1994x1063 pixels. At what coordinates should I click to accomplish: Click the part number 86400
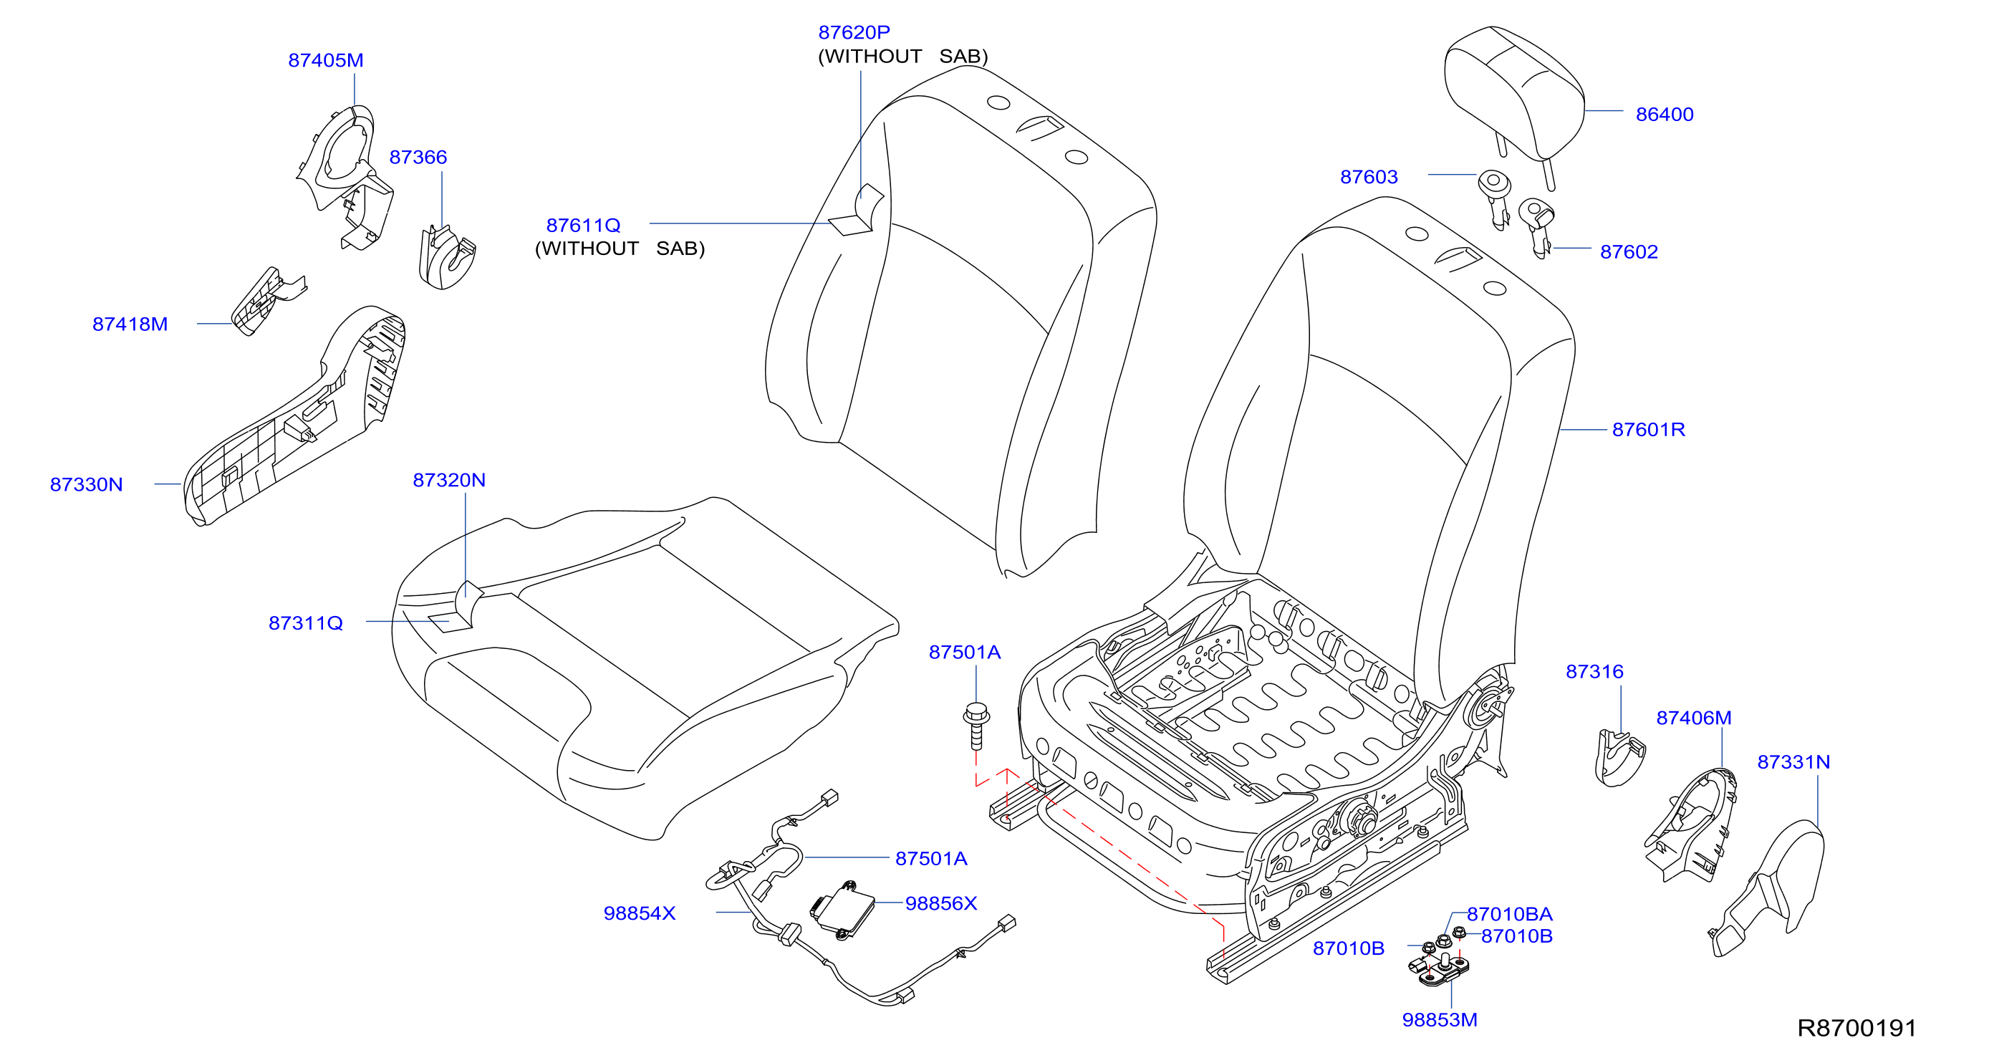click(x=1665, y=115)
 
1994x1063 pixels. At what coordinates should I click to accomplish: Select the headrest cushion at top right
click(x=1513, y=97)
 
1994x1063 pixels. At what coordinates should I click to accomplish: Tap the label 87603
click(x=1369, y=178)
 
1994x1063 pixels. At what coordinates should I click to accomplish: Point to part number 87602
click(x=1629, y=251)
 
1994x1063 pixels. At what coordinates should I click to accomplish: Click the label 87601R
click(x=1648, y=430)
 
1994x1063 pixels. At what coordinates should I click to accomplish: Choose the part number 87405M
click(x=326, y=60)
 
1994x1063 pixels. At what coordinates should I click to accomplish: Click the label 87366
click(x=418, y=157)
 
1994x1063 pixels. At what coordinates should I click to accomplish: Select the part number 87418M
click(x=130, y=324)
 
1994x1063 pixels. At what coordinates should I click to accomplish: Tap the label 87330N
click(x=86, y=485)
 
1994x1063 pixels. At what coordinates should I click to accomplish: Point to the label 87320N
click(x=449, y=480)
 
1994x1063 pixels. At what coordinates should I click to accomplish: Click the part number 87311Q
click(x=306, y=623)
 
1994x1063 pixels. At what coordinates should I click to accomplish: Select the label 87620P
click(x=854, y=32)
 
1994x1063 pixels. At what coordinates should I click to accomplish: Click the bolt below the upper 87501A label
click(x=976, y=726)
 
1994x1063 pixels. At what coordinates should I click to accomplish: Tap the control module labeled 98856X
click(x=842, y=910)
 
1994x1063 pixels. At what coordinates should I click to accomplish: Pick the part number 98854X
click(x=640, y=913)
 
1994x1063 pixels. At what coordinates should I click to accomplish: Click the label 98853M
click(x=1440, y=1021)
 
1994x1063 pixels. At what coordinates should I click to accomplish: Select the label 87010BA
click(x=1509, y=914)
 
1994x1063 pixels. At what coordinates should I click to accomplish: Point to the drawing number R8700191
click(x=1857, y=1028)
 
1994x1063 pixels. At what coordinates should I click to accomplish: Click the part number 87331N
click(x=1793, y=763)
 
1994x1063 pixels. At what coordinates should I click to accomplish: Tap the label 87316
click(x=1594, y=672)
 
